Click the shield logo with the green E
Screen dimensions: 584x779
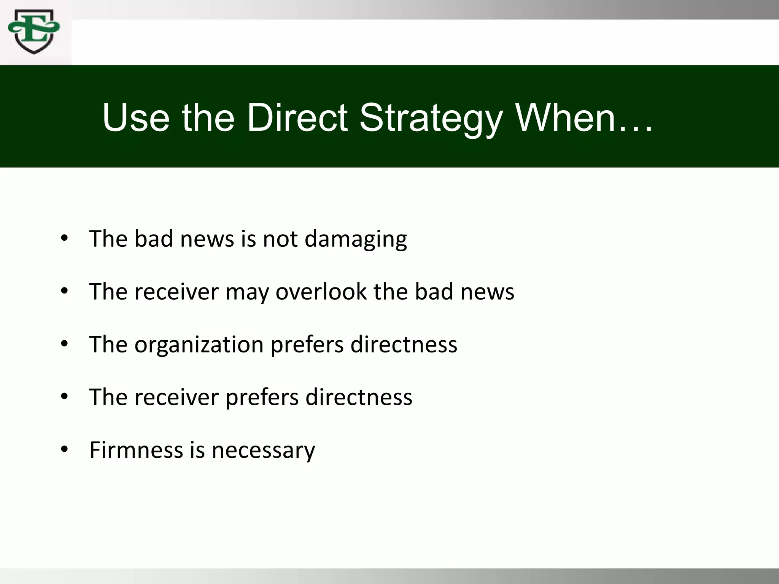tap(34, 32)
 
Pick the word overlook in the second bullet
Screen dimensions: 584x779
tap(321, 292)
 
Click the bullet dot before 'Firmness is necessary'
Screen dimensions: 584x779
tap(64, 449)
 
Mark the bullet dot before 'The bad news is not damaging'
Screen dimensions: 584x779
tap(64, 238)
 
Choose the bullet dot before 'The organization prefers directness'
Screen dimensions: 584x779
tap(64, 344)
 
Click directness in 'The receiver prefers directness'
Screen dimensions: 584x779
tap(359, 397)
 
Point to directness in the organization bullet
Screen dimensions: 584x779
tap(404, 344)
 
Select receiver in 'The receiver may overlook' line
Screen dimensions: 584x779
tap(176, 292)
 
